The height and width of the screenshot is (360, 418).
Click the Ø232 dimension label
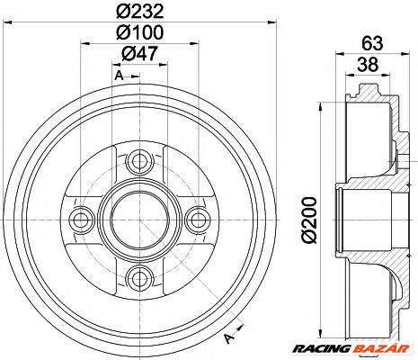(140, 13)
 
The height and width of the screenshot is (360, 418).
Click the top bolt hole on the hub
(139, 163)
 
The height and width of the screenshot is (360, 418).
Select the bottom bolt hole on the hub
(139, 275)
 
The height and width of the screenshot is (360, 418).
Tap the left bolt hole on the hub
(83, 220)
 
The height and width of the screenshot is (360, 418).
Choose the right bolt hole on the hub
(196, 220)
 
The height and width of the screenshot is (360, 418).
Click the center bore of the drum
(139, 220)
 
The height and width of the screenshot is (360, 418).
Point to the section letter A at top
(118, 76)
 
